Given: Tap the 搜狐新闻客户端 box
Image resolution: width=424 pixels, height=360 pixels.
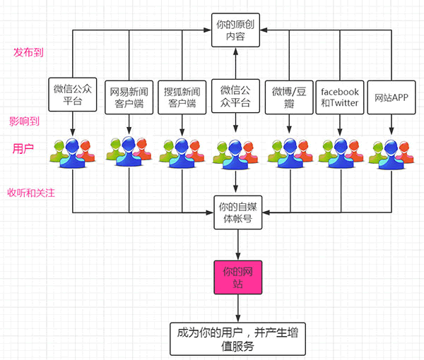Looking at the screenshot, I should tap(182, 97).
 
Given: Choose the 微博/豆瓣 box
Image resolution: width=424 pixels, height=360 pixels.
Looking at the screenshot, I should tap(288, 97).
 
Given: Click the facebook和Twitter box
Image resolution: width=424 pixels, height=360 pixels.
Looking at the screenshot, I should tap(340, 97).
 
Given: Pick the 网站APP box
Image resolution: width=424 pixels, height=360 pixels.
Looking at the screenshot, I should tap(391, 97).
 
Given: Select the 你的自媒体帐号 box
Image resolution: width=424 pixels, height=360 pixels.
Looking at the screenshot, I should tap(237, 212).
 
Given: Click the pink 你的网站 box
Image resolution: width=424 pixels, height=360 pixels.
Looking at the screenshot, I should tap(237, 276).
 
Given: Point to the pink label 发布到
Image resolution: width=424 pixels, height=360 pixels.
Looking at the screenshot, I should tap(32, 53).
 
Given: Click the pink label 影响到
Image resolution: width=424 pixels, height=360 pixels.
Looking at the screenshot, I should tap(25, 121).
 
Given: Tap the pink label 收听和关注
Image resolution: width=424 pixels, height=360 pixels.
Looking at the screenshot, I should tap(31, 193).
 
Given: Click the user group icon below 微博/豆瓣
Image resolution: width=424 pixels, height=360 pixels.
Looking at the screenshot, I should tap(288, 152).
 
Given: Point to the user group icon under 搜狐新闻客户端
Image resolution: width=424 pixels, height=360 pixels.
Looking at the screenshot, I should tap(182, 152).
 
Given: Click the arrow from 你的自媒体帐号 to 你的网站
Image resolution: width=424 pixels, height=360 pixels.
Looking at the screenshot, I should tap(237, 244).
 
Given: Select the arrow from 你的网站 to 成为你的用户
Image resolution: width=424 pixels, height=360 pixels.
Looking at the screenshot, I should tap(237, 308).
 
